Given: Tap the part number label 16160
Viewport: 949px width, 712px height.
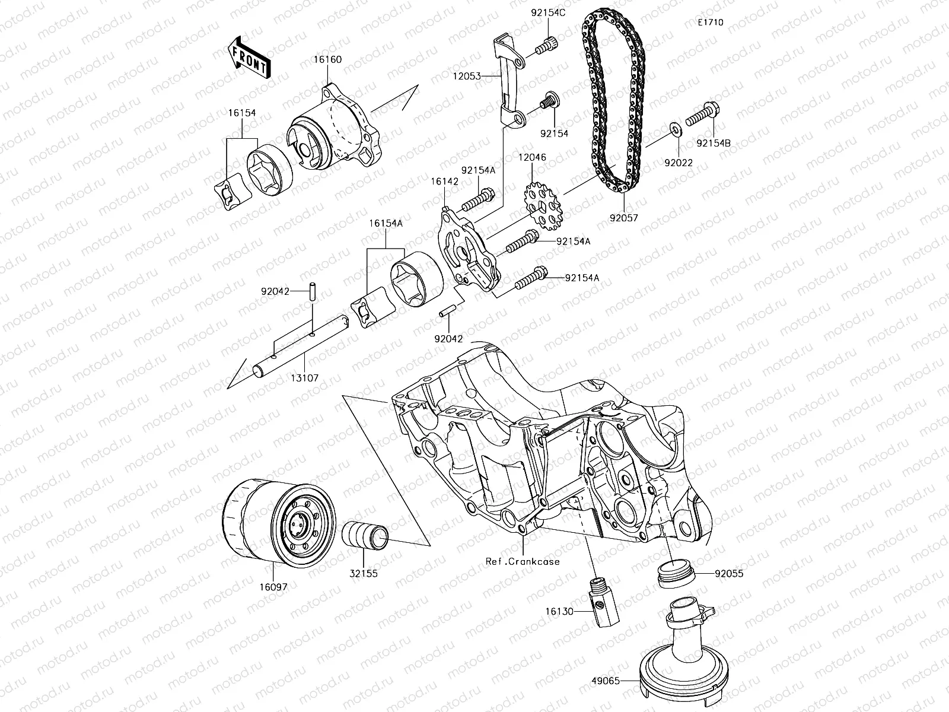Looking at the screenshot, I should coord(328,60).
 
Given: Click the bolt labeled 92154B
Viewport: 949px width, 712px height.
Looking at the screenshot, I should coord(703,116).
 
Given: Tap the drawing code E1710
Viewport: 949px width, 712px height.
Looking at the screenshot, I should coord(710,23).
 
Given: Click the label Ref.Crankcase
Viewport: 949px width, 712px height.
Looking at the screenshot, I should coord(522,561).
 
